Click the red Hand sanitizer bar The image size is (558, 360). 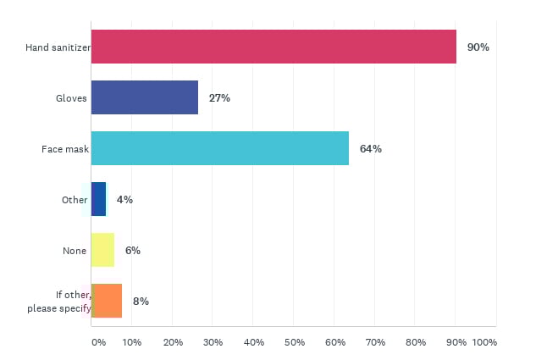coord(273,47)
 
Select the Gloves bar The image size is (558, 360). coord(144,97)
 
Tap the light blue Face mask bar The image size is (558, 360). coord(219,148)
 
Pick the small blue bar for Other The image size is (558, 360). coord(98,199)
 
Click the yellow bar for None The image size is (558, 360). coord(102,250)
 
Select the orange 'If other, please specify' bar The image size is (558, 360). coord(106,301)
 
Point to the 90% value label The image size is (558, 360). coord(478,47)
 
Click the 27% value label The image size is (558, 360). coord(219,98)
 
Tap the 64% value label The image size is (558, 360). coord(370,149)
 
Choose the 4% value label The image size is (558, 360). coord(124,200)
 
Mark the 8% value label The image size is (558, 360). coord(141,302)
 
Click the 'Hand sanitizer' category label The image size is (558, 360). coord(58,47)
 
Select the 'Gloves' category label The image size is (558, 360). coord(70,98)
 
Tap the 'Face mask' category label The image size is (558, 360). coord(65,149)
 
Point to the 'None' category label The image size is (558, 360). coord(75,251)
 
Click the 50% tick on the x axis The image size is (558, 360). coord(293,342)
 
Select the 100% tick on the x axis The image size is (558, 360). coord(484,342)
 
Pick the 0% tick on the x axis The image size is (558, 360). coord(98,342)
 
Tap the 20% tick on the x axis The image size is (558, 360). coord(172,342)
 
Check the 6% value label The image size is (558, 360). coord(132,251)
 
